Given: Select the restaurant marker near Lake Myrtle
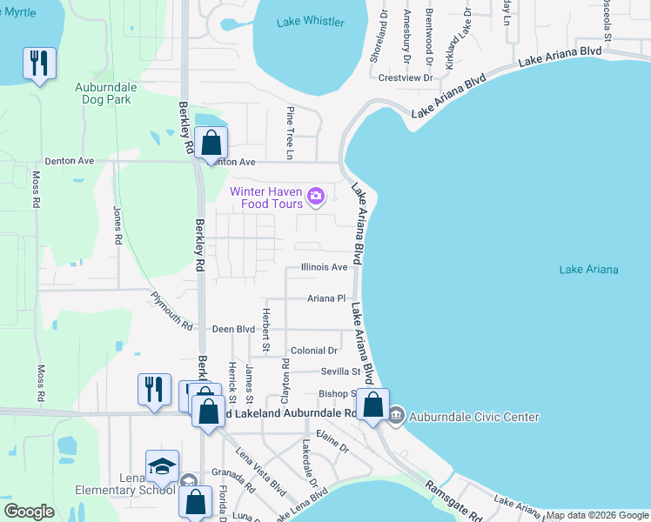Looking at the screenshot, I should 39,64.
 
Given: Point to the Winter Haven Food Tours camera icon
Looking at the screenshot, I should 316,197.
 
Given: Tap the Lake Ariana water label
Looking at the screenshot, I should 588,270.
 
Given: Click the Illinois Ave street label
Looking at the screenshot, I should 325,268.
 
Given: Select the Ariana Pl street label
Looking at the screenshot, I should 326,298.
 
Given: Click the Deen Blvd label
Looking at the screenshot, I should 233,330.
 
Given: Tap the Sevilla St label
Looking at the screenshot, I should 339,371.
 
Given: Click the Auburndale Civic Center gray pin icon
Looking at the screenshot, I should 396,417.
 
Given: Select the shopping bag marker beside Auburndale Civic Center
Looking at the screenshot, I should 372,406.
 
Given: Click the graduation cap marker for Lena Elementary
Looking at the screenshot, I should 162,466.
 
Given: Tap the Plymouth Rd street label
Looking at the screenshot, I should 171,311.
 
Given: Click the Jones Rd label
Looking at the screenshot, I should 117,224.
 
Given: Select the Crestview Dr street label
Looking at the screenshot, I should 406,77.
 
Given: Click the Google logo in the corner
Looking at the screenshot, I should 29,512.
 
